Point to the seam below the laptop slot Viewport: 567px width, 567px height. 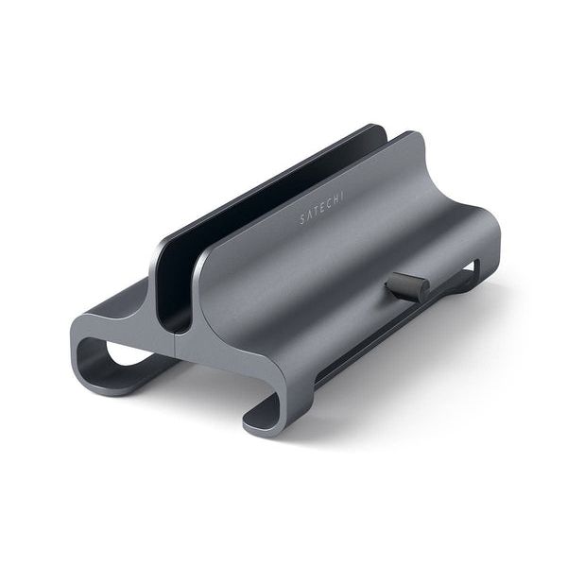180,344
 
